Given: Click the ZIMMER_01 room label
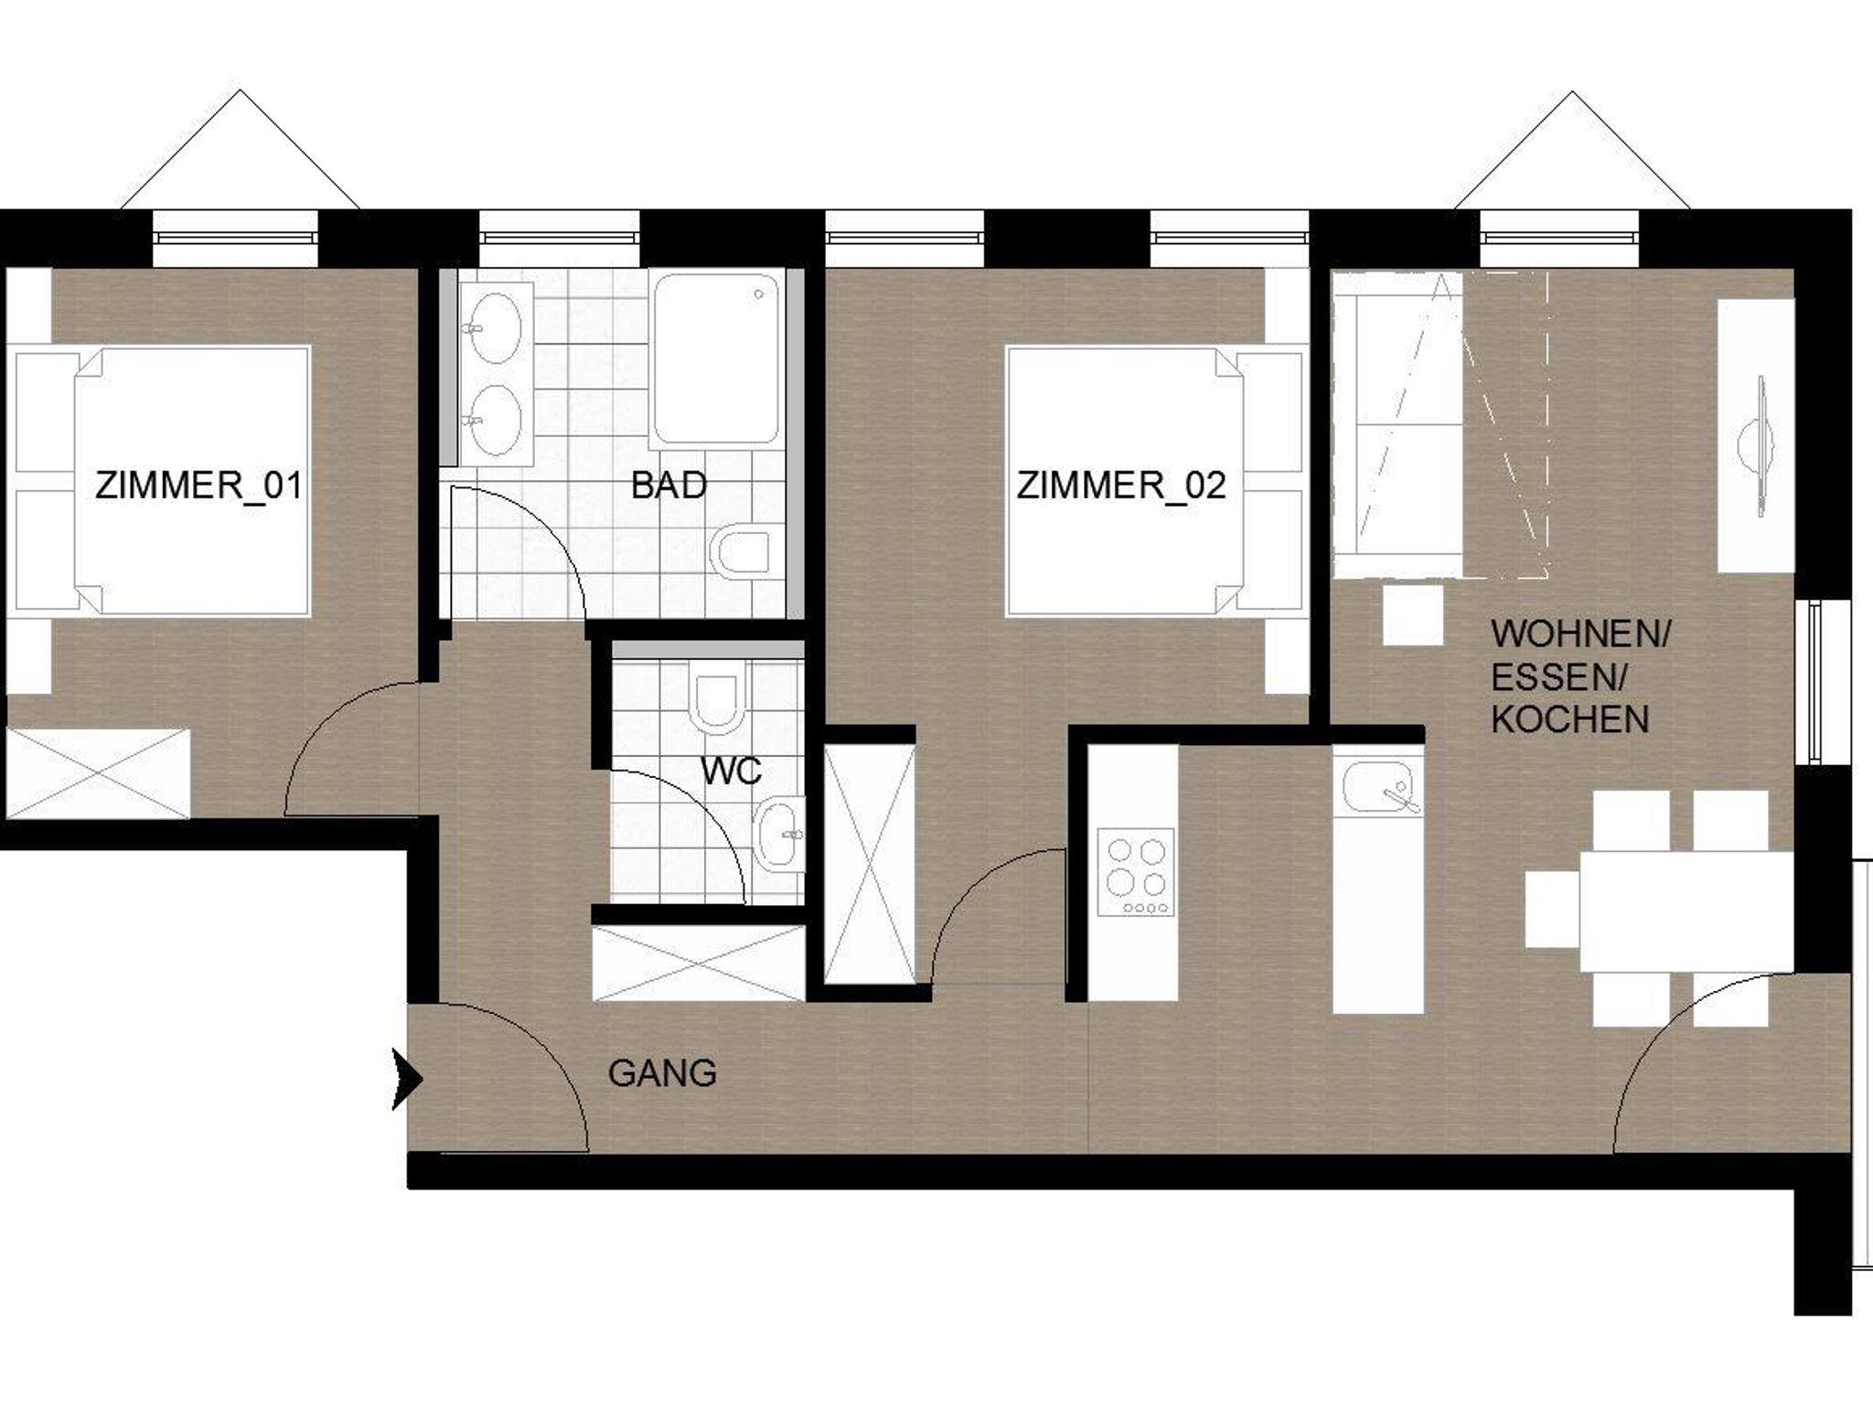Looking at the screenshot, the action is tap(198, 485).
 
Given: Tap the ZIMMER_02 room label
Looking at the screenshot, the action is tap(1120, 485).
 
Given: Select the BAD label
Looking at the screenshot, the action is tap(669, 485).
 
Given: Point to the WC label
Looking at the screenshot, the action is tap(732, 772).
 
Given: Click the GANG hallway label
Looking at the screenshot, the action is tap(662, 1073).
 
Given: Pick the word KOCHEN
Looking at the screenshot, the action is tap(1569, 720).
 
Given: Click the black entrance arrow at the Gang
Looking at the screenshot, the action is tap(407, 1080).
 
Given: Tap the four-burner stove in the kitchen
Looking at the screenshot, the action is tap(1136, 872).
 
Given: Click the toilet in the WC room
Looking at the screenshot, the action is tap(716, 703).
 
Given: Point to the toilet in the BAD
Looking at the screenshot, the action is tap(746, 552).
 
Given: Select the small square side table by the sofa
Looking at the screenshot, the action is tap(1412, 615).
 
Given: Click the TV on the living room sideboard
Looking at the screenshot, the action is tap(1755, 446).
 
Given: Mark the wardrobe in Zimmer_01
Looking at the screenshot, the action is tap(98, 773).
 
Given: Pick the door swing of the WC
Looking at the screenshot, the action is tap(704, 814).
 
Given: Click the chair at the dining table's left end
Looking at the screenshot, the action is tap(1552, 909).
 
